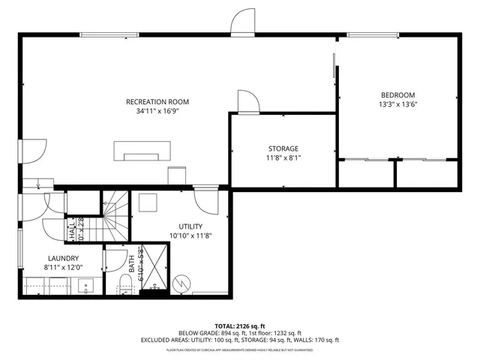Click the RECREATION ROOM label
157,101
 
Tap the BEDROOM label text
397,94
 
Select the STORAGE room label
283,148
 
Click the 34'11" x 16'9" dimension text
157,111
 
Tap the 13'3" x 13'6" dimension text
397,104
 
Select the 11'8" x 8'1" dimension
283,158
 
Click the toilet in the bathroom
126,283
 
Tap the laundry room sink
85,285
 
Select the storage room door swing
247,100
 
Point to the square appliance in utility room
148,202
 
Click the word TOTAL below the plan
227,325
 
